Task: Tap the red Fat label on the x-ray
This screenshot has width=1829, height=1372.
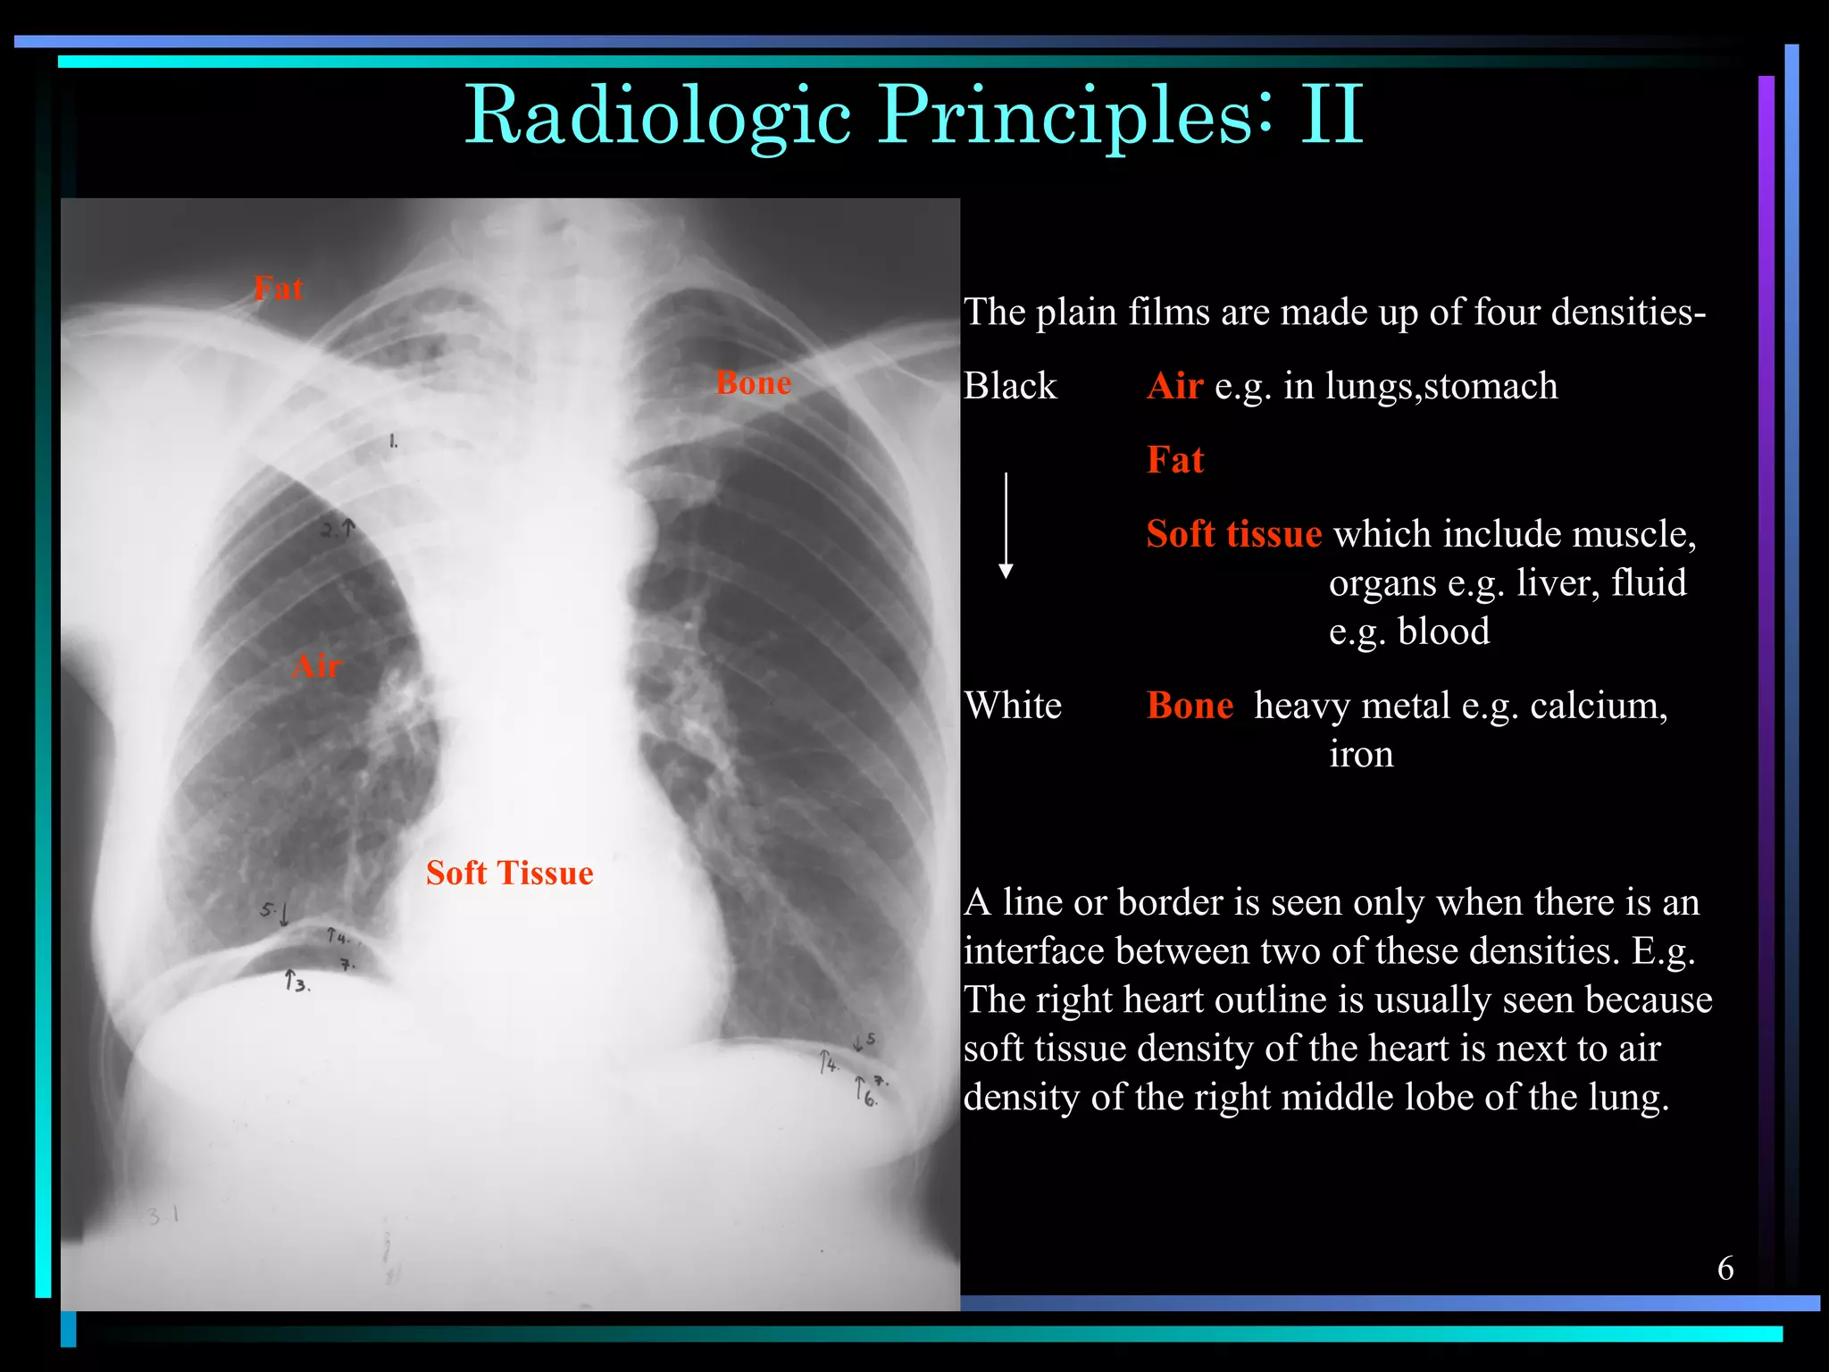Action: coord(278,289)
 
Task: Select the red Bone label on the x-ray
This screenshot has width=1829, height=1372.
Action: coord(753,383)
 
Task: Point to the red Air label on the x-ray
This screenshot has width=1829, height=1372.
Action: coord(317,666)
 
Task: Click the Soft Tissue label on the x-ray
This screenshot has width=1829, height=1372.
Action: coord(509,873)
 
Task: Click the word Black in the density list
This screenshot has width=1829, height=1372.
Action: coord(1009,386)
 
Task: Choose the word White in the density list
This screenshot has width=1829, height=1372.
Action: coord(1013,706)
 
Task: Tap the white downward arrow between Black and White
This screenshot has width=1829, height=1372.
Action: coord(1006,527)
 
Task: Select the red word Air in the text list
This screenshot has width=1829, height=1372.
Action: coord(1174,386)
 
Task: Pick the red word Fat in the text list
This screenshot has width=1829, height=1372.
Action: coord(1175,460)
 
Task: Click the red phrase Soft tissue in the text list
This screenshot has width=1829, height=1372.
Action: coord(1233,534)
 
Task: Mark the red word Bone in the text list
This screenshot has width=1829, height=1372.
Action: coord(1190,706)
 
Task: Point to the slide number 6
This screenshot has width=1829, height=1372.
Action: coord(1725,1268)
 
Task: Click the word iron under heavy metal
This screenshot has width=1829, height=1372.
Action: coord(1361,755)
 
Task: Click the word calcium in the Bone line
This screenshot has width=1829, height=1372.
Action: coord(1598,706)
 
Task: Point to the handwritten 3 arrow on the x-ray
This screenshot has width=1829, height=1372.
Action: coord(296,982)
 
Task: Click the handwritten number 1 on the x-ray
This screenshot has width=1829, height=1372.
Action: coord(393,441)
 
